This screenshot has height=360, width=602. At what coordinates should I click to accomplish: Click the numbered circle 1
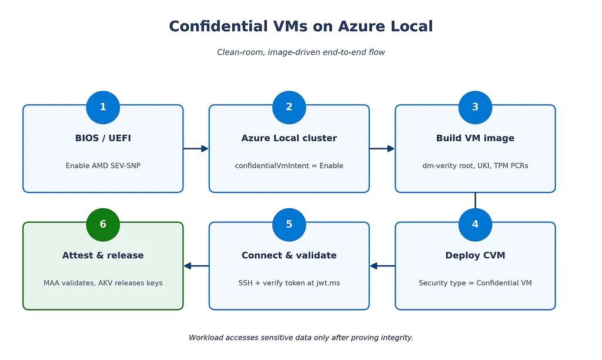click(x=103, y=108)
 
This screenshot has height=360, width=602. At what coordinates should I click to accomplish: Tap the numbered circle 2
click(x=289, y=108)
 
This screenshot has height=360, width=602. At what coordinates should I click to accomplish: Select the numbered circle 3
click(x=475, y=108)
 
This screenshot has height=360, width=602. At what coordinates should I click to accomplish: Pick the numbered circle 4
click(x=475, y=225)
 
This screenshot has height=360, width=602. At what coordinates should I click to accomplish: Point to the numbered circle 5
click(x=289, y=225)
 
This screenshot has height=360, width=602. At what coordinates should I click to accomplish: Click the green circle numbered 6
click(x=103, y=225)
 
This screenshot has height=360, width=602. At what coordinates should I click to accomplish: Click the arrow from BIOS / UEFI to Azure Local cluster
click(x=196, y=148)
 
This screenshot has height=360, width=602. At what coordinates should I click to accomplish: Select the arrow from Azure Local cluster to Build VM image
click(x=382, y=148)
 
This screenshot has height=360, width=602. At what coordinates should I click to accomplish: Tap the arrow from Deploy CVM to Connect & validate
click(x=382, y=266)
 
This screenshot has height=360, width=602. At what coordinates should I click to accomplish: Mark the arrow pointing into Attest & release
click(x=196, y=266)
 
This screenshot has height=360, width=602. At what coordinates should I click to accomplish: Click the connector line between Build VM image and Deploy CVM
click(x=475, y=201)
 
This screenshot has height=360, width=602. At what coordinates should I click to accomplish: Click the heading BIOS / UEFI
click(x=103, y=138)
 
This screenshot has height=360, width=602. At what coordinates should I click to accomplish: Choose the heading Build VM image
click(x=475, y=138)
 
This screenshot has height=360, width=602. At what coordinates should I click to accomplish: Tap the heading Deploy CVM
click(x=475, y=255)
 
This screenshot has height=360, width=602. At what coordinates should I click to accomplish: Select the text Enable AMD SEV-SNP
click(x=103, y=166)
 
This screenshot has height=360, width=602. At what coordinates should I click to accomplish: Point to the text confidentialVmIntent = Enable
click(x=289, y=166)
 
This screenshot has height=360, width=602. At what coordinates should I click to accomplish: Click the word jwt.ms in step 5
click(x=328, y=283)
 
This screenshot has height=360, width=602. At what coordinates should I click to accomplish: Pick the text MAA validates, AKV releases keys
click(x=103, y=283)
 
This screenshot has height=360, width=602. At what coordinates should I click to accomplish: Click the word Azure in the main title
click(x=362, y=26)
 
